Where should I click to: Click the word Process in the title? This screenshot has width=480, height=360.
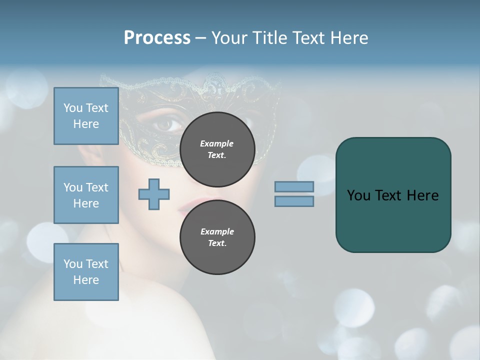pos(157,38)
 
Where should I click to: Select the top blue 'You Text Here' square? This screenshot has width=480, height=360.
pos(86,116)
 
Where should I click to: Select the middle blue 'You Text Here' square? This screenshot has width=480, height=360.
pos(86,195)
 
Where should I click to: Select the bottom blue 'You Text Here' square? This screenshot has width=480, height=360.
pos(86,271)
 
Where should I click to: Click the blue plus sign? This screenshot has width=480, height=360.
pos(154,194)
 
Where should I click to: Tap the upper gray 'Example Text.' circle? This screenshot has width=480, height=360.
pos(217,149)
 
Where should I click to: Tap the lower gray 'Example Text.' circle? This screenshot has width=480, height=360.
pos(217,237)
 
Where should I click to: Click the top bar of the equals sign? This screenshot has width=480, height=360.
pos(294,186)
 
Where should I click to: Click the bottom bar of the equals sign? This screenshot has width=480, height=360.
pos(294,201)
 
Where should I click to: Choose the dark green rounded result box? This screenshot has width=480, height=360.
pos(393,195)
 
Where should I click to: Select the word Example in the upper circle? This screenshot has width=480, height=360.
pos(216,143)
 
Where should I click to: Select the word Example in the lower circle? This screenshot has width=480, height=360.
pos(217,231)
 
